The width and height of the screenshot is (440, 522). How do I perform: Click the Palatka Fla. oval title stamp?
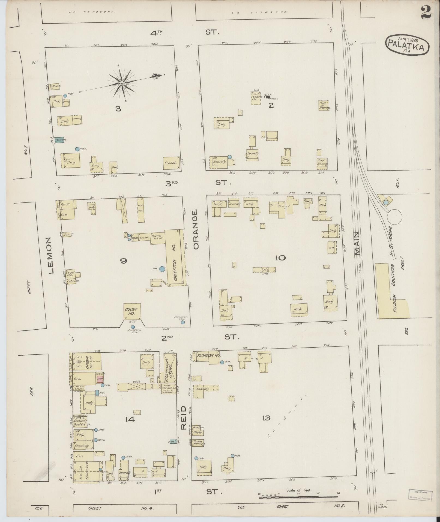[x=407, y=45]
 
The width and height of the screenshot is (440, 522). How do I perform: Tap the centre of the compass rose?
[x=122, y=83]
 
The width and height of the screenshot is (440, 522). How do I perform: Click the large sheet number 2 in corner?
[x=426, y=12]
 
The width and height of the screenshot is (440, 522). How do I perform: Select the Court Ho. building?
[x=132, y=311]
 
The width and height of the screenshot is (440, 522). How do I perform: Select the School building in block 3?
[x=171, y=163]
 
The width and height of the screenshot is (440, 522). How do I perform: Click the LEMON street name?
[x=51, y=255]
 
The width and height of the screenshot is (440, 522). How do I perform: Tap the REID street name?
[x=183, y=421]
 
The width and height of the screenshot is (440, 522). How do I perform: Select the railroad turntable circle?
[x=394, y=217]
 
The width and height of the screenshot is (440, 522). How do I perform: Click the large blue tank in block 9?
[x=162, y=269]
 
